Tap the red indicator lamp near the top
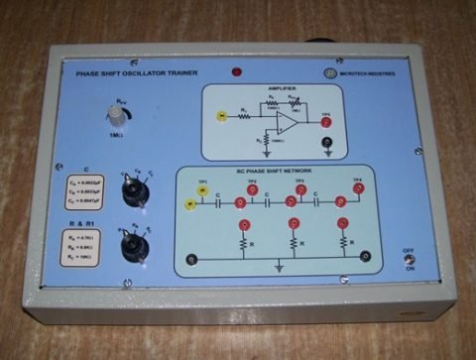[x=237, y=71]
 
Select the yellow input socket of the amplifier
[x=220, y=117]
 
